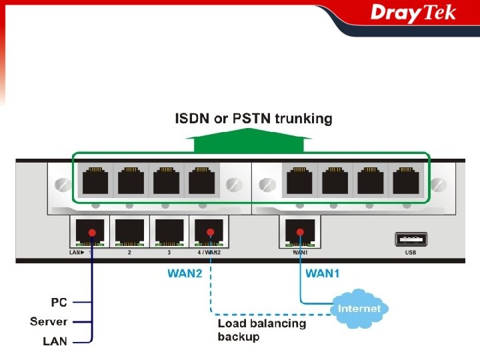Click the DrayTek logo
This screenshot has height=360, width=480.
point(413,13)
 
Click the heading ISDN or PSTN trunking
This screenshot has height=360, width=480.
point(253,119)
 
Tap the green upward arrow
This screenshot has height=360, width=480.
point(249,142)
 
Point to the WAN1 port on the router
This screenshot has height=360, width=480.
point(299,232)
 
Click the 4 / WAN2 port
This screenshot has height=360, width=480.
point(209,232)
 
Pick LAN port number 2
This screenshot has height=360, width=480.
point(129,232)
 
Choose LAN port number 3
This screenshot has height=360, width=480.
point(169,232)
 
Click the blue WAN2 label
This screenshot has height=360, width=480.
point(185,273)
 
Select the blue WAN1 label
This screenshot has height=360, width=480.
point(323,273)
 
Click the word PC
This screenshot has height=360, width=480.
point(59,303)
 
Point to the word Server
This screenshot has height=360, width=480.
point(49,322)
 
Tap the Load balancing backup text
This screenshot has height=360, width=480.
point(262,330)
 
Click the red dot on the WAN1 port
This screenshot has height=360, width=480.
point(300,232)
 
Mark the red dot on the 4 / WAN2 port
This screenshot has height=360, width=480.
point(210,232)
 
